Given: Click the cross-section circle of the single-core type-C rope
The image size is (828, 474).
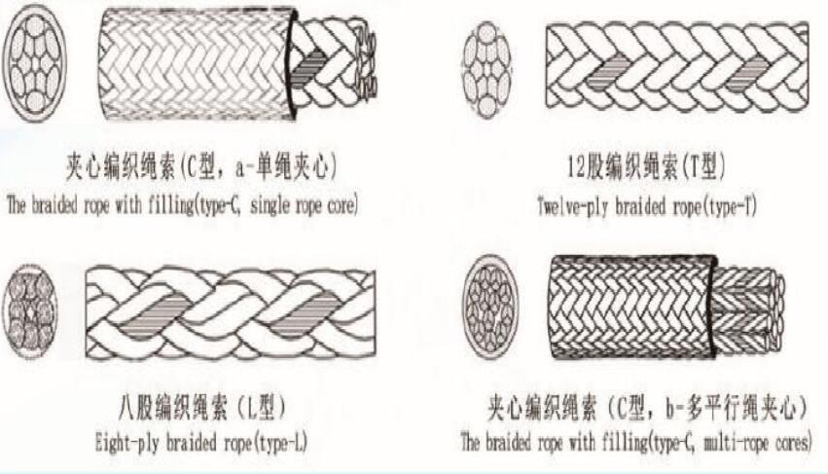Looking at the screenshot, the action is click(35, 63).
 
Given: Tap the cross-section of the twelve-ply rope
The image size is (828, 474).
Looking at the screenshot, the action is click(486, 69).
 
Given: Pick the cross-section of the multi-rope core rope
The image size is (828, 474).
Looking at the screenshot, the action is click(490, 308).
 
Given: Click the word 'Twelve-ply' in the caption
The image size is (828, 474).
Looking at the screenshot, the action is click(572, 205).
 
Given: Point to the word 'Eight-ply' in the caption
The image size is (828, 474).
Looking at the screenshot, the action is click(126, 442).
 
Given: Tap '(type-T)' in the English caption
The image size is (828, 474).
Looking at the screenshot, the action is click(730, 205).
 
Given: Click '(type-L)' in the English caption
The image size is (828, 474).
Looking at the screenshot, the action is click(280, 442).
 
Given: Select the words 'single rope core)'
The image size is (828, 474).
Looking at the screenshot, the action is click(304, 204).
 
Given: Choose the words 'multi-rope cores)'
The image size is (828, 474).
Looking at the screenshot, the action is click(758, 441).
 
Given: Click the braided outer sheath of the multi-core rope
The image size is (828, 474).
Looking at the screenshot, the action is click(632, 308).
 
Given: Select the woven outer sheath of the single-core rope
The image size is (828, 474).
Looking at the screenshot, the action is click(197, 63).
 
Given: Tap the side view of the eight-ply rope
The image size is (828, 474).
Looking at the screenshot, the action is click(231, 314).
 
